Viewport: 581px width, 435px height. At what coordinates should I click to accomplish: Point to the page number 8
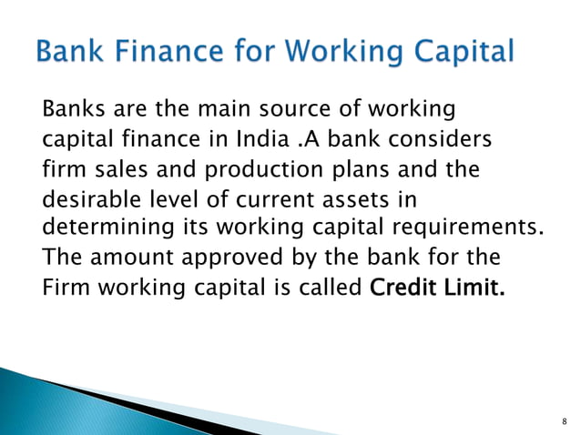pos(564,420)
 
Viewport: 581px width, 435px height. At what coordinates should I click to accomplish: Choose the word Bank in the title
pos(68,53)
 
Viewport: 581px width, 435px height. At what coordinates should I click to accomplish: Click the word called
pos(332,288)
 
